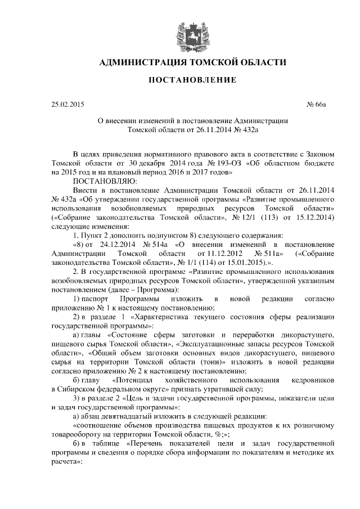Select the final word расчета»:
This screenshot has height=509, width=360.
pos(67,467)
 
